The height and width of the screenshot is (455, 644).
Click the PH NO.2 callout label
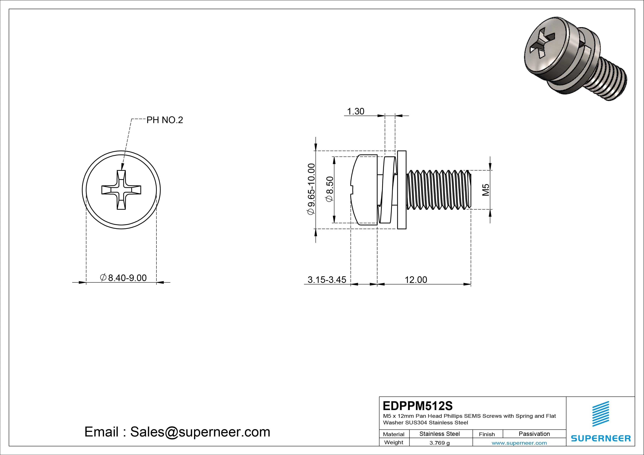[x=165, y=120]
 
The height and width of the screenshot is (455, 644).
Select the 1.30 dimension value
[x=355, y=112]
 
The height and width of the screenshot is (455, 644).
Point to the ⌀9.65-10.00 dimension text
[x=311, y=189]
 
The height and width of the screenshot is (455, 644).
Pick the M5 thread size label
[x=486, y=190]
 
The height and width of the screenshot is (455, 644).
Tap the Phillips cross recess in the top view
[x=121, y=190]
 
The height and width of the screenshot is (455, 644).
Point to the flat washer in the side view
[x=402, y=190]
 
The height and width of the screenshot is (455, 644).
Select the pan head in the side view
[x=364, y=190]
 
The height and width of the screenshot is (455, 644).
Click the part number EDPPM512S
[x=417, y=406]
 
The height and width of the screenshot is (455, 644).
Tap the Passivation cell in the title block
[x=534, y=434]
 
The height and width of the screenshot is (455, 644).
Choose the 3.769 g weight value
[x=439, y=443]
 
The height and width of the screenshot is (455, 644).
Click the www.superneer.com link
[x=519, y=443]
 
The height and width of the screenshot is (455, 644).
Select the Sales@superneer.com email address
[x=200, y=432]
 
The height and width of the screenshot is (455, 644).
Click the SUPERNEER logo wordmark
[x=600, y=438]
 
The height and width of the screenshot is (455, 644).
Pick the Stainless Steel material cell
[x=439, y=434]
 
